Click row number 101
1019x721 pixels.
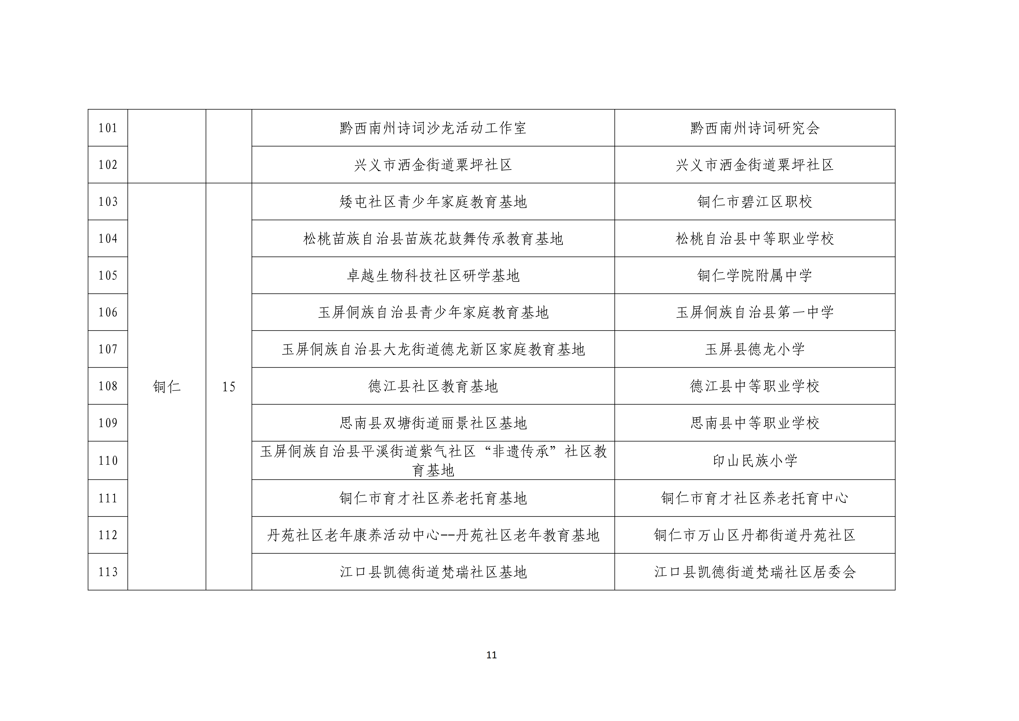(x=108, y=128)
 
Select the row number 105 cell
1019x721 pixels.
(x=108, y=276)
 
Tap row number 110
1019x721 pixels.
(x=108, y=461)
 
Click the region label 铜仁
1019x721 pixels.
(x=167, y=387)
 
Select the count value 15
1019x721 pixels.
(x=229, y=387)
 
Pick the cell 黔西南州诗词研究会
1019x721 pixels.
(x=754, y=128)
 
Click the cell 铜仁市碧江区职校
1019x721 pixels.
(x=754, y=202)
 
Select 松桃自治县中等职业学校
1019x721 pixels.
(x=754, y=239)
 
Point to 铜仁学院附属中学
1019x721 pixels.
(x=754, y=276)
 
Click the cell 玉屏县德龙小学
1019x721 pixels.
(x=754, y=349)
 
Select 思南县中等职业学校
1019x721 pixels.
(x=754, y=423)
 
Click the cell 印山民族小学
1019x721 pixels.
(x=754, y=461)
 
